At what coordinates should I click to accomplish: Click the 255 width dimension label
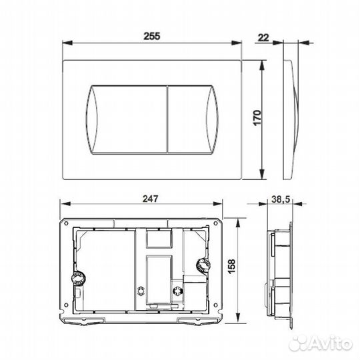tap(153, 38)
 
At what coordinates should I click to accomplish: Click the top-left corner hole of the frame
tap(66, 223)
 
